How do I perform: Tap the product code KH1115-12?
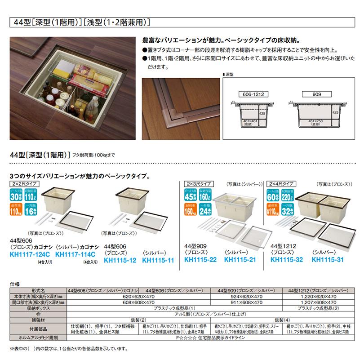click(x=120, y=259)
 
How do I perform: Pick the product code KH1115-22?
click(x=201, y=259)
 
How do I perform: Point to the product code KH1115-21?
click(x=240, y=259)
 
